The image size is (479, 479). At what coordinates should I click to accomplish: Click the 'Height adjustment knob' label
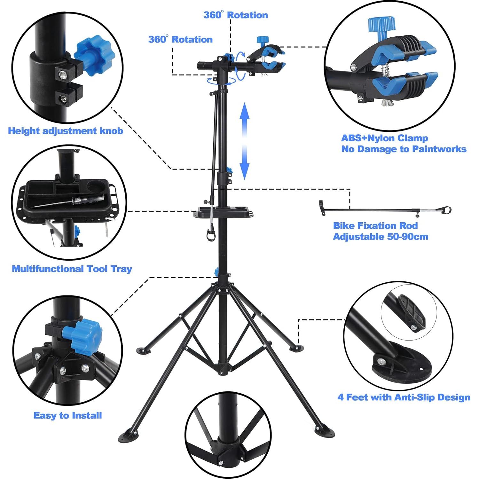tap(66, 131)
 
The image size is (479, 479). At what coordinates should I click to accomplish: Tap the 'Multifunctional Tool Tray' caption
tap(72, 269)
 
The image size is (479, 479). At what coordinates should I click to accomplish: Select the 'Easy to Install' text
tap(67, 415)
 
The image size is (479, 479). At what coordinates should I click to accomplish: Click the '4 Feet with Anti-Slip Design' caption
tap(404, 397)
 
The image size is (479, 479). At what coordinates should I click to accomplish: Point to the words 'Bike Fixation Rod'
tap(375, 226)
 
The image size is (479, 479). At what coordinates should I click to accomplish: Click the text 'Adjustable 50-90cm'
tap(381, 237)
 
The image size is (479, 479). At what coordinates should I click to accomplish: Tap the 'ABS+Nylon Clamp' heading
tap(384, 138)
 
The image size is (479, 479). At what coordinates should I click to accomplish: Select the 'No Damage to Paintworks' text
tap(404, 149)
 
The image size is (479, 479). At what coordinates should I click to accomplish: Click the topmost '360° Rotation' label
tap(236, 15)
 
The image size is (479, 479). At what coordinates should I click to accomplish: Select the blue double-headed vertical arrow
tap(245, 141)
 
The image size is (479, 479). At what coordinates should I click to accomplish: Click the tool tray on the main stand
tap(223, 212)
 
